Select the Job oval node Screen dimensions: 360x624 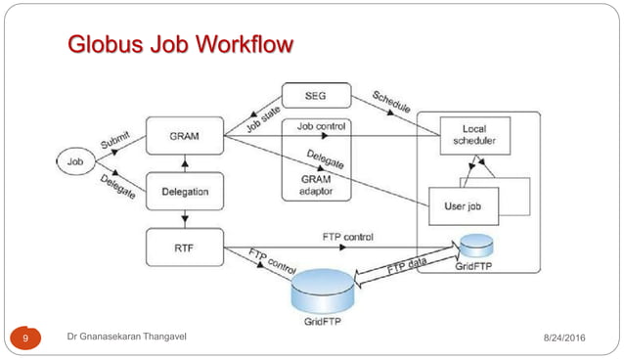click(74, 159)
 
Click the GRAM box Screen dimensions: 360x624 click(179, 134)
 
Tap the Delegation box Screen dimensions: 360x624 click(179, 190)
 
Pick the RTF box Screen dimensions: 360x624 click(179, 246)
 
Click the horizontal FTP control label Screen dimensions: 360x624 click(347, 238)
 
